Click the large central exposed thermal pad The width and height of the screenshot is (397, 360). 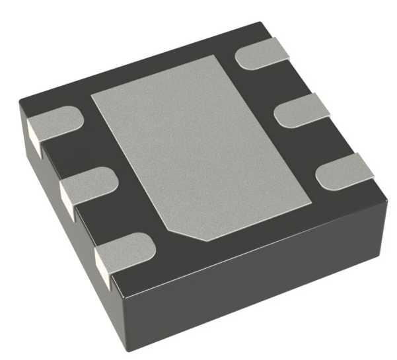(x=198, y=145)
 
